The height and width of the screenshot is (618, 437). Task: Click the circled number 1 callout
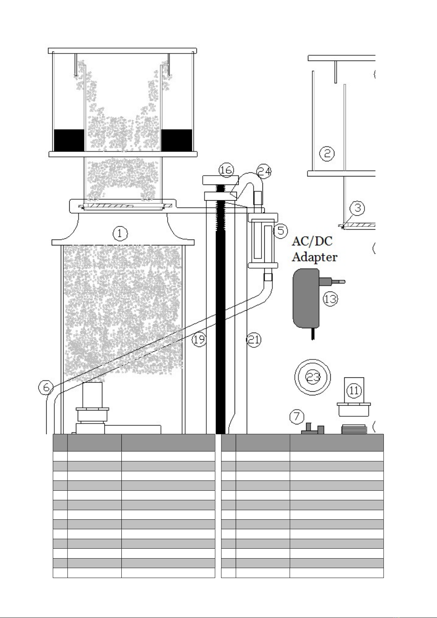tap(120, 234)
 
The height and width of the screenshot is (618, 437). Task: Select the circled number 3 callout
tap(357, 208)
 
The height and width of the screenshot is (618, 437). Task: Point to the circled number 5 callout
tap(281, 231)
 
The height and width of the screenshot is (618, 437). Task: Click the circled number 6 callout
tap(46, 387)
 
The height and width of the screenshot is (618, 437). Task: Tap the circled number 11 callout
tap(354, 390)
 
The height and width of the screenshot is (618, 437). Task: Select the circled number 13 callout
tap(330, 299)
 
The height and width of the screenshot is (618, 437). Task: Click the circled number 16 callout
tap(226, 170)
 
